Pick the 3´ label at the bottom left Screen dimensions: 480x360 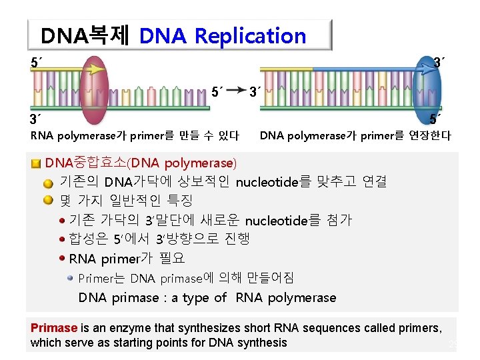35,120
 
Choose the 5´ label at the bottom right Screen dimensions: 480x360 435,120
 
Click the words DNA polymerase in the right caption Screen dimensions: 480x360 295,136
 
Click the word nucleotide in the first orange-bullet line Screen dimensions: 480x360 270,181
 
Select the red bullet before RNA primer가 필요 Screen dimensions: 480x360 63,259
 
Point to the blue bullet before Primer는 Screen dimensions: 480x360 71,278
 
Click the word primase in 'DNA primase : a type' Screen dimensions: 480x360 136,298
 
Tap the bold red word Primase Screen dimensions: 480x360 54,328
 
